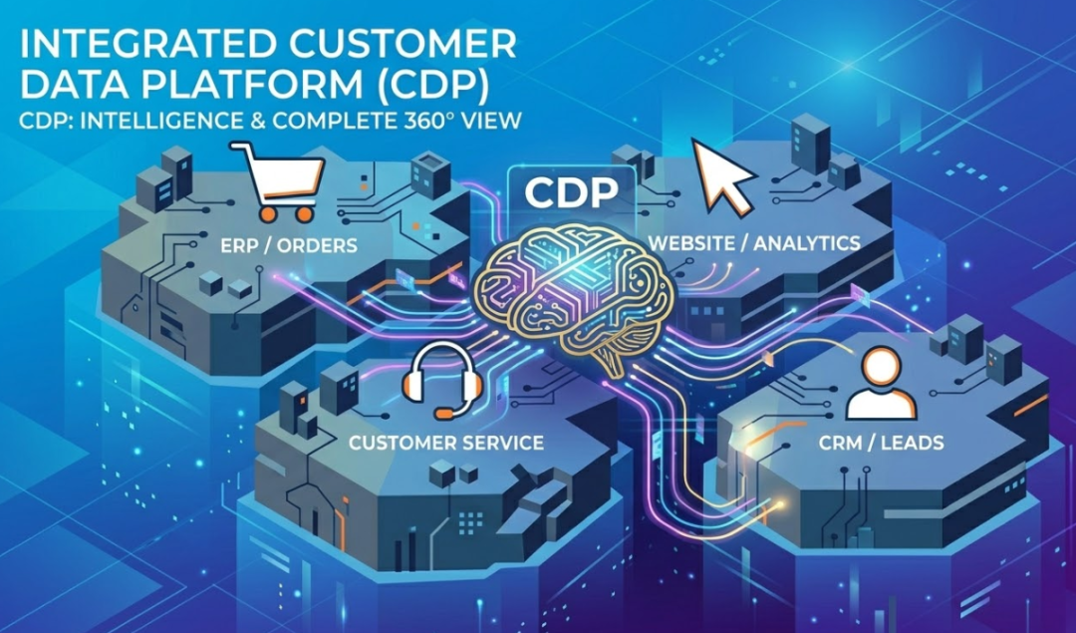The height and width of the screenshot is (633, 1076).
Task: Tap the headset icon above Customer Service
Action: [441, 379]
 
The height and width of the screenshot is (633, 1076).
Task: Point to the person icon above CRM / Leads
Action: [880, 384]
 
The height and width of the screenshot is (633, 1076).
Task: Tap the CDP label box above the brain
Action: [571, 191]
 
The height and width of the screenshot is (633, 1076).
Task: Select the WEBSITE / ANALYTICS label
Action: [754, 243]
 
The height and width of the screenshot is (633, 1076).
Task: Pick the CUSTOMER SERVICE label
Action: [446, 442]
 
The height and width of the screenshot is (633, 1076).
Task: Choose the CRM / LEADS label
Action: [880, 442]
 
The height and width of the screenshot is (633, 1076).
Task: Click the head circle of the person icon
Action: [881, 366]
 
